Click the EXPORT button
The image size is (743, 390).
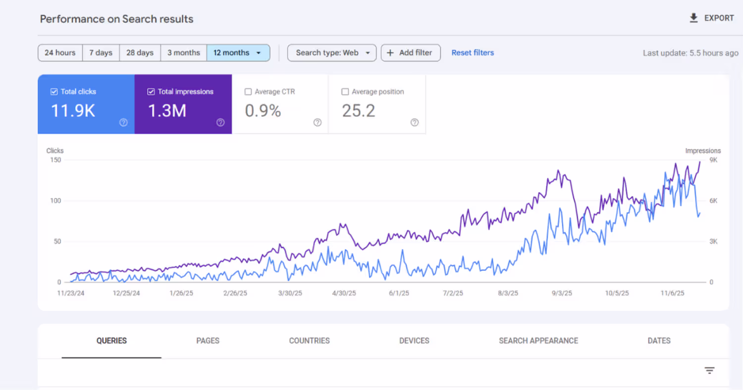pos(712,18)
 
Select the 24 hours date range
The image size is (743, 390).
pos(60,52)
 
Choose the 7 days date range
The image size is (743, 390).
pos(101,52)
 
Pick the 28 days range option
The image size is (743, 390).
pos(140,52)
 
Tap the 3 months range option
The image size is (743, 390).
pos(184,52)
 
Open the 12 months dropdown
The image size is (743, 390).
pos(238,52)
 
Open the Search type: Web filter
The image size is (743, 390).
pos(332,52)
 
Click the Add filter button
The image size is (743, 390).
pos(411,52)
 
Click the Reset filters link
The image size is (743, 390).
pos(473,52)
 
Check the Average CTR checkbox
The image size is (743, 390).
pos(248,92)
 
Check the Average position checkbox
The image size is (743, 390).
pos(345,92)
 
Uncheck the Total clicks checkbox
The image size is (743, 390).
pos(54,92)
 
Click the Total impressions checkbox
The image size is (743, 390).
pos(151,92)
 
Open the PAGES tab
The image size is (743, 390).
pos(208,341)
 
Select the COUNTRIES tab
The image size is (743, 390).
pos(309,341)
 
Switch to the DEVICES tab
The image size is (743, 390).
pos(414,341)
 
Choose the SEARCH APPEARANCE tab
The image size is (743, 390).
pos(538,341)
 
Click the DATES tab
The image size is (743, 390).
pos(659,341)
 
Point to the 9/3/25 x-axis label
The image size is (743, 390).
pos(562,293)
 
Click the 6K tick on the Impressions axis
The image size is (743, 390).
pos(713,201)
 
